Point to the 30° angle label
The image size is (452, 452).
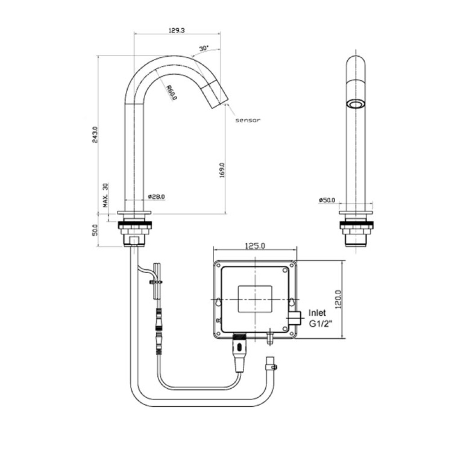click(x=204, y=48)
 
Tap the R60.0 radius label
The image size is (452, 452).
click(x=171, y=92)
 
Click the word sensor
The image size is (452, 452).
click(x=248, y=120)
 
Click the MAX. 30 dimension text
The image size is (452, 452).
click(x=105, y=194)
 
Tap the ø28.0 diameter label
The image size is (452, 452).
click(x=156, y=197)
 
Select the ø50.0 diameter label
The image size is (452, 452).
click(x=327, y=200)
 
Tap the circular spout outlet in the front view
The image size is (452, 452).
click(x=355, y=104)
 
